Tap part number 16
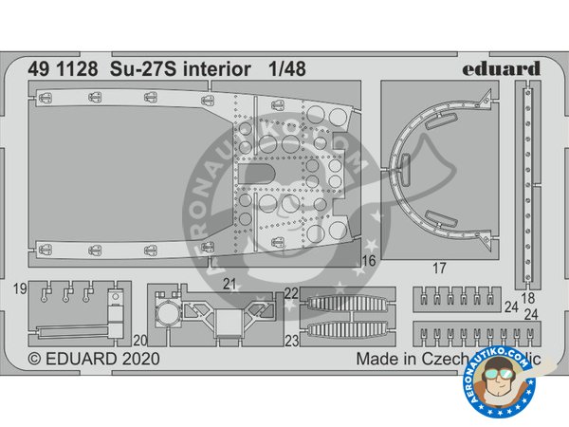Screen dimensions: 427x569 pos(369,258)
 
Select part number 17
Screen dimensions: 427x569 pos(437,269)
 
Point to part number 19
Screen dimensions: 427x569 pos(20,286)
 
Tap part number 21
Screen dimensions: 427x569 pos(228,283)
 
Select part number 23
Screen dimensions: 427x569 pos(291,339)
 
